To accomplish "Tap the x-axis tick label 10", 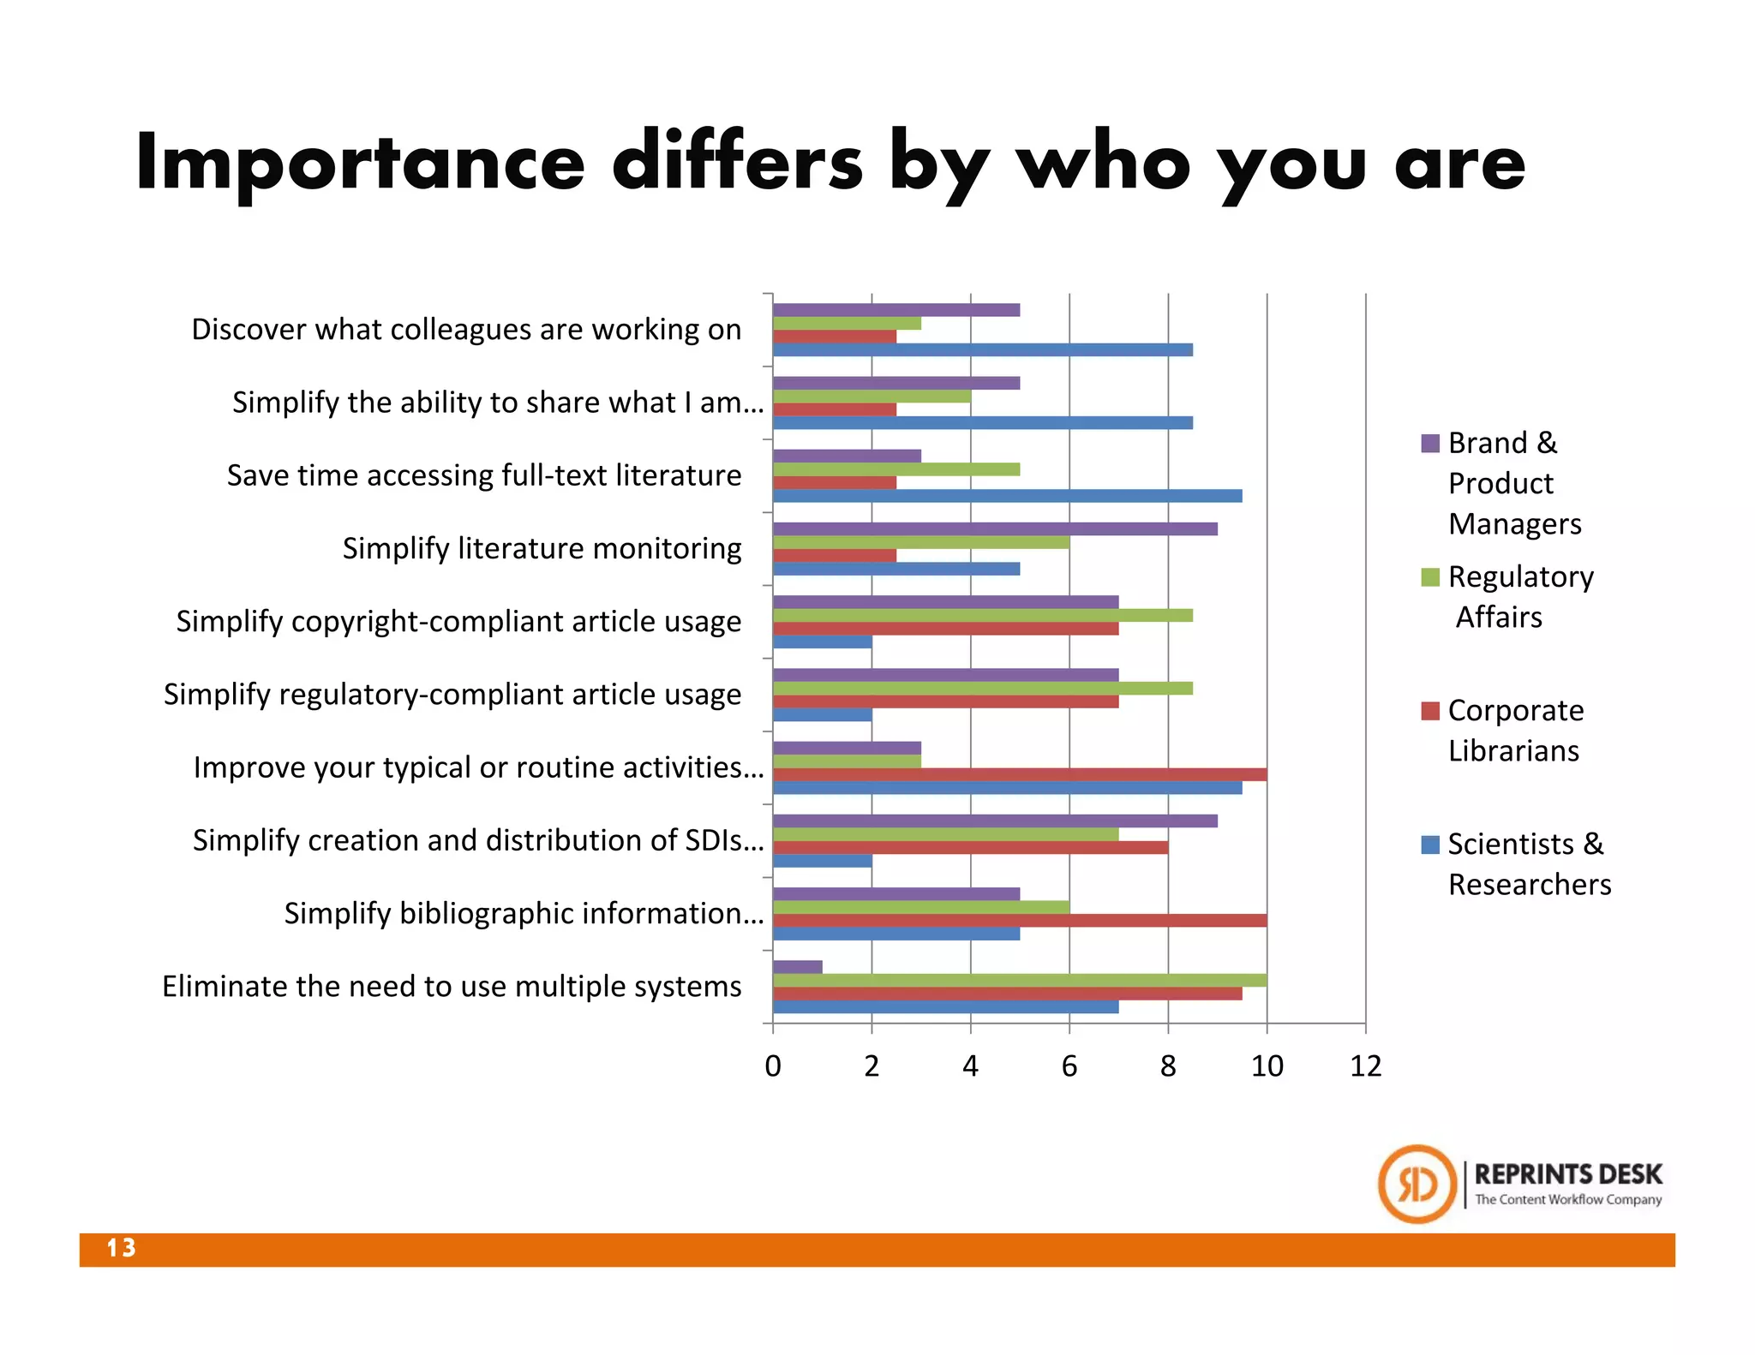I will [1267, 1066].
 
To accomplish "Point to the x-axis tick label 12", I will [1365, 1066].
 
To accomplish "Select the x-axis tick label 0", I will [772, 1066].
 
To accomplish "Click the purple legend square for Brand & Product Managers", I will [1429, 444].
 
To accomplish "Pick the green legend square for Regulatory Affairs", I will [1429, 577].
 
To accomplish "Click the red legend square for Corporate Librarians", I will [1429, 711].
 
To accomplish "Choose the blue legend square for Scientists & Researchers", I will [1429, 845].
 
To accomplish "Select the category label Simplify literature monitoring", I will [542, 548].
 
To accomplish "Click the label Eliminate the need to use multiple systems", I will [452, 987].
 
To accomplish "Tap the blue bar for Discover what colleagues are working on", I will [982, 349].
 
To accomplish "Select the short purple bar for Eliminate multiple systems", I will [797, 967].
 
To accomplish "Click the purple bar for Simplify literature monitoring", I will [994, 529].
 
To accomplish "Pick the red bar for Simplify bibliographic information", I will [1020, 921].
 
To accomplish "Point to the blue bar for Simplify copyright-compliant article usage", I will [822, 642].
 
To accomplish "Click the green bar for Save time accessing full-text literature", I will [895, 469].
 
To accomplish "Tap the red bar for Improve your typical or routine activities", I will [1020, 775].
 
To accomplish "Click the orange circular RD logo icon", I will [1417, 1185].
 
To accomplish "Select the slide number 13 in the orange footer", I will [121, 1248].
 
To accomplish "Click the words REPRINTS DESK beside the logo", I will [1567, 1174].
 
